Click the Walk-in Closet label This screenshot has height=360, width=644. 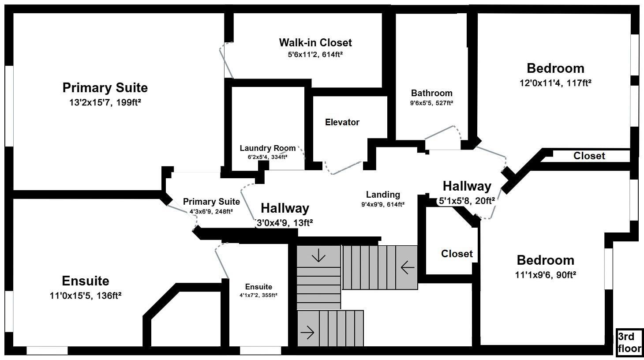(x=315, y=43)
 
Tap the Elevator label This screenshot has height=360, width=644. (x=342, y=122)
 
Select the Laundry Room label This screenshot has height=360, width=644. (x=268, y=148)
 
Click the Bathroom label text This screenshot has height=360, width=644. (x=432, y=93)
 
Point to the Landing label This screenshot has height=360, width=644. (x=383, y=195)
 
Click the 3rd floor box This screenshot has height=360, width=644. (x=629, y=343)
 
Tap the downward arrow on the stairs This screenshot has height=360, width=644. (x=318, y=255)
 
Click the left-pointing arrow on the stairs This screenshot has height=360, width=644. (x=407, y=267)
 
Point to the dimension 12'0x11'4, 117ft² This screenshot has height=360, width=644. (x=555, y=82)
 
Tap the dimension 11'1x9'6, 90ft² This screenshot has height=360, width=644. (x=546, y=275)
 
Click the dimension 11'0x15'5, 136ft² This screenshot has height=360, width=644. (x=86, y=296)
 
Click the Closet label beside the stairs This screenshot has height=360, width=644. (x=457, y=254)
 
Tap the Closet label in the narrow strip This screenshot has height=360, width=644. (x=589, y=156)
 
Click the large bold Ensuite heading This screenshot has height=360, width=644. (x=86, y=281)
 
